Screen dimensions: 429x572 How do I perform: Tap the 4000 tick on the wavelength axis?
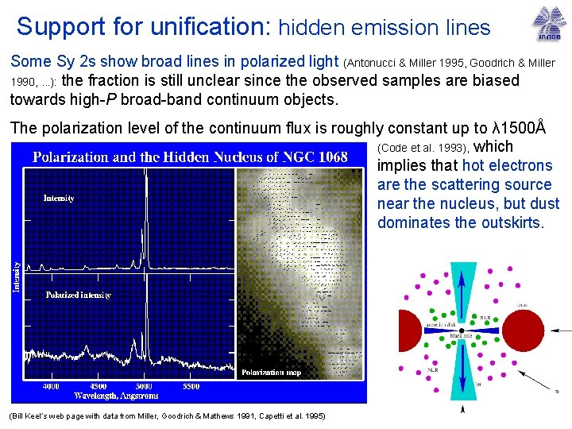coord(52,386)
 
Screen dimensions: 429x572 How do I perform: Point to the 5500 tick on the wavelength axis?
coord(191,386)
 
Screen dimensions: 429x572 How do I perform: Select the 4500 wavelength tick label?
coord(98,386)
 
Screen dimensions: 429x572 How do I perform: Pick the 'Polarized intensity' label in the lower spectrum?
coord(77,296)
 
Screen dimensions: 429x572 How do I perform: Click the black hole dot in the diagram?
coord(462,330)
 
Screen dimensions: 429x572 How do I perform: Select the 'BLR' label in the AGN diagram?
coord(485,317)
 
